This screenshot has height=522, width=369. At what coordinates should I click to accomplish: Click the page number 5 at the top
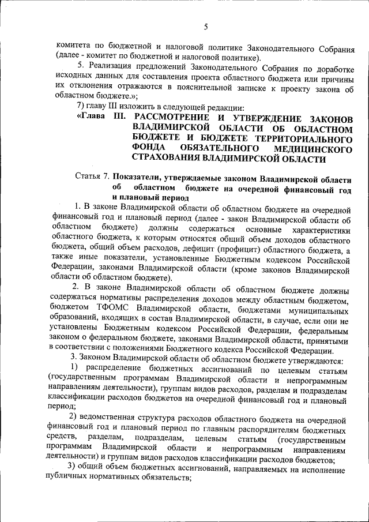pos(205,27)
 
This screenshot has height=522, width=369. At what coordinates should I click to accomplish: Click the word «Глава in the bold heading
pos(92,119)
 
